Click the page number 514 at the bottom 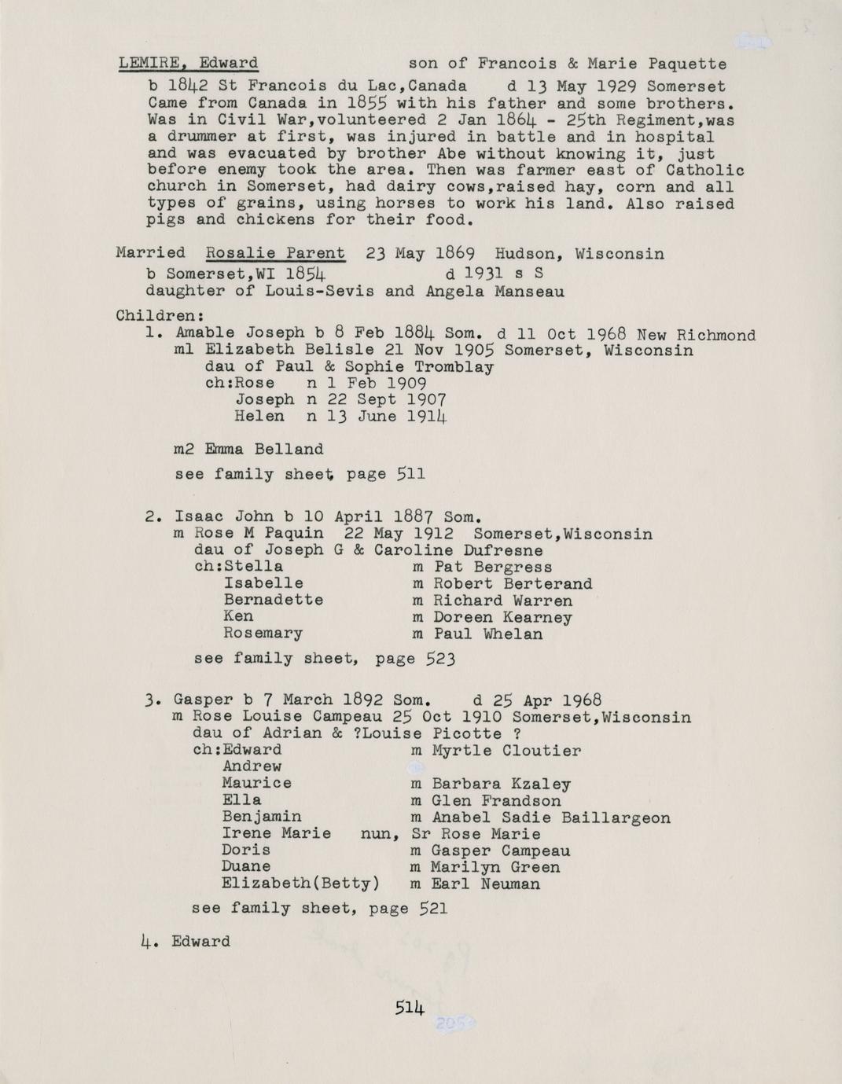click(410, 1008)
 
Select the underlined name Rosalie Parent click(274, 253)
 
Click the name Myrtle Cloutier click(507, 751)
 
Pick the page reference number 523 click(440, 659)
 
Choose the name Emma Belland click(264, 450)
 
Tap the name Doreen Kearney click(503, 617)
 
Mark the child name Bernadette click(273, 600)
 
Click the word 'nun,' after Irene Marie click(376, 834)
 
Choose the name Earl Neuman click(486, 884)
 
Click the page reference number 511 click(411, 474)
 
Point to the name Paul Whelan click(488, 634)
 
